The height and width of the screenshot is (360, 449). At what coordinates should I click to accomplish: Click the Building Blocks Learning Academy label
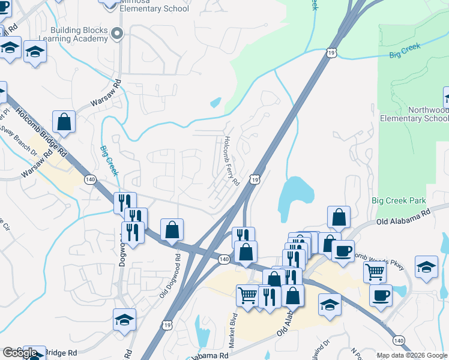click(x=79, y=35)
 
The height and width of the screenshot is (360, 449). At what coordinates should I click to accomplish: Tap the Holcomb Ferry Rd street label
click(x=232, y=160)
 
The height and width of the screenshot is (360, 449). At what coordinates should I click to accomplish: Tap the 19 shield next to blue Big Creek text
click(x=332, y=53)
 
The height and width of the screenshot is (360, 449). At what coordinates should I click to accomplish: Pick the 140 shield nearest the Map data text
click(x=399, y=340)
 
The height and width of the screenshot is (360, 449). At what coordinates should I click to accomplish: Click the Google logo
click(x=20, y=353)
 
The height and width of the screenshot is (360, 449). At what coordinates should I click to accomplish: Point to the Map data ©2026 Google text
click(x=411, y=355)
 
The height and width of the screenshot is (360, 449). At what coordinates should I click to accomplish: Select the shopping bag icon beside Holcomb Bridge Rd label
click(x=64, y=122)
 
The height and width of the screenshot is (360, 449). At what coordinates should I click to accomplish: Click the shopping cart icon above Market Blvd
click(x=248, y=296)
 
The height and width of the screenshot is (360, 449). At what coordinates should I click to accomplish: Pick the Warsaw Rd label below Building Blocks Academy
click(x=106, y=93)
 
